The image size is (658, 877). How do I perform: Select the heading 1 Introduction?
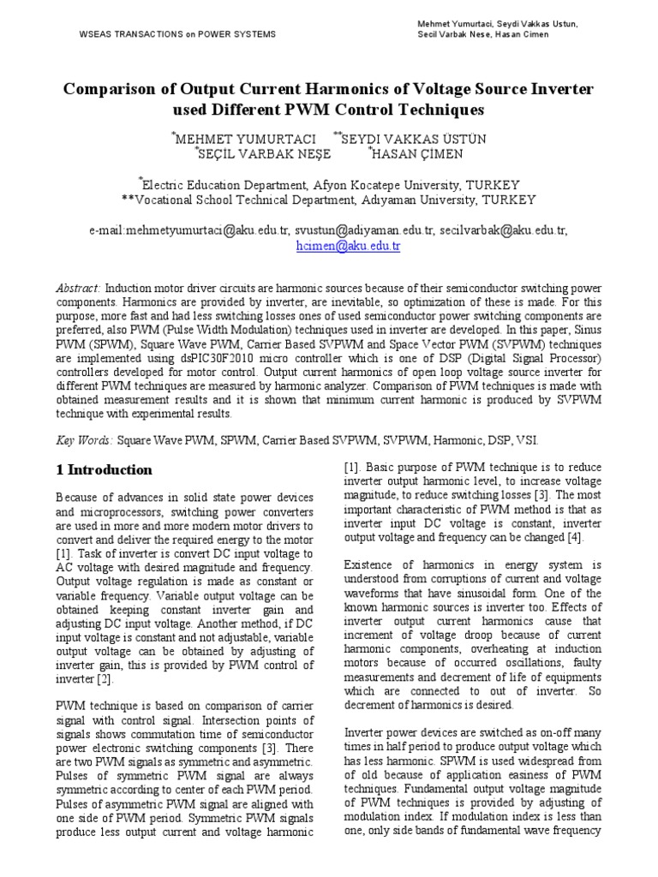coord(105,469)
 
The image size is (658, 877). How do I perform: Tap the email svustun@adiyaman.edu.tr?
coord(365,230)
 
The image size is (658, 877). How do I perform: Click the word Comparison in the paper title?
coord(117,90)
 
